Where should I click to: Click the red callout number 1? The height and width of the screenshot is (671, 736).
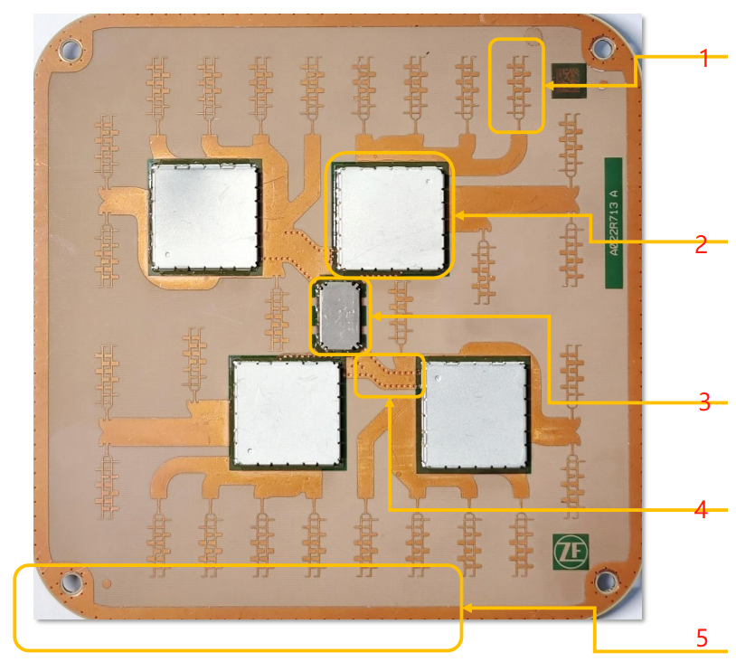click(x=703, y=59)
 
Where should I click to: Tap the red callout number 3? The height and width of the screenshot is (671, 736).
click(x=703, y=402)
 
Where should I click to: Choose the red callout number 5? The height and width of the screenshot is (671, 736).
click(x=702, y=638)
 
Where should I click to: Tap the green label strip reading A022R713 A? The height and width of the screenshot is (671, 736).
click(x=615, y=223)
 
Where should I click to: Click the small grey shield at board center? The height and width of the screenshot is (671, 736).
click(x=341, y=316)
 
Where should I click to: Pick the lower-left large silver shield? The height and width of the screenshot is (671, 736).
click(x=287, y=412)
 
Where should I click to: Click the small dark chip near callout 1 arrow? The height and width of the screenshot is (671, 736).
click(x=570, y=80)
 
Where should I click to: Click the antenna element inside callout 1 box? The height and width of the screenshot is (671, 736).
click(x=517, y=86)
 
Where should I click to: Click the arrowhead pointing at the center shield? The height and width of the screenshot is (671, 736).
click(x=376, y=317)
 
